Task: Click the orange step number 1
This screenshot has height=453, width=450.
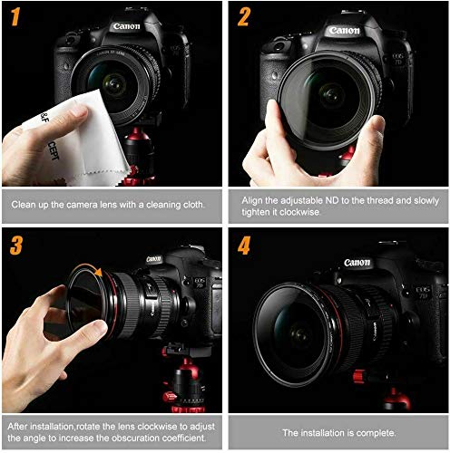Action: [x=15, y=16]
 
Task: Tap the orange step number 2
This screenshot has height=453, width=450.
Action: [x=244, y=17]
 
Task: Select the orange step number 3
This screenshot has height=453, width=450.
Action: [x=16, y=246]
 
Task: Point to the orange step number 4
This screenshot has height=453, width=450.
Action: [x=244, y=246]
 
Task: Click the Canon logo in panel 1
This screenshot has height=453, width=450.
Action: [x=126, y=26]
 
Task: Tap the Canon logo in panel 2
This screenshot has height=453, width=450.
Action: [x=345, y=30]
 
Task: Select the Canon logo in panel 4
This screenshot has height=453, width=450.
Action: [x=357, y=263]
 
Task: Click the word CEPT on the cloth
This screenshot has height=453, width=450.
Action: [x=54, y=150]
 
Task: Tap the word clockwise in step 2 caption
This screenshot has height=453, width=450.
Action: [x=299, y=212]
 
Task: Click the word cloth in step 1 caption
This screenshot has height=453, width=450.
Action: [x=193, y=205]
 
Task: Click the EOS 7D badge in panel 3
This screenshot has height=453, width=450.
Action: [x=200, y=283]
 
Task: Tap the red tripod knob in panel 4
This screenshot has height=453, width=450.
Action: [x=358, y=376]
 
